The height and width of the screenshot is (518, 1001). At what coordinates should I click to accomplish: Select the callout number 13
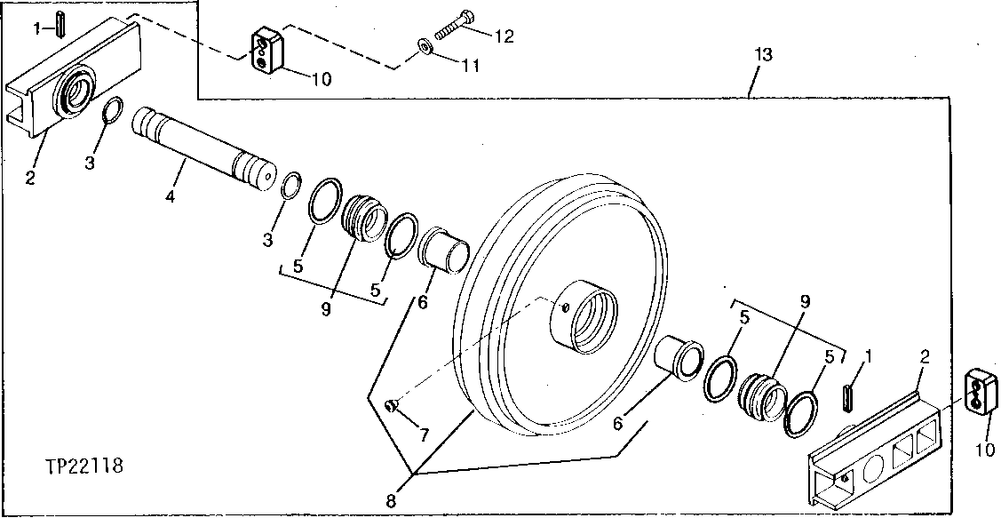point(762,55)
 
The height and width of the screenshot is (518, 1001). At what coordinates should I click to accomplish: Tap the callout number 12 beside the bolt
point(504,36)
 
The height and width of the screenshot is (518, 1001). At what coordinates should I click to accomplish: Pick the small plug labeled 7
point(391,405)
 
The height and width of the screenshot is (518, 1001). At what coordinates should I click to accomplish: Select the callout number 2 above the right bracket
point(925,357)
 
